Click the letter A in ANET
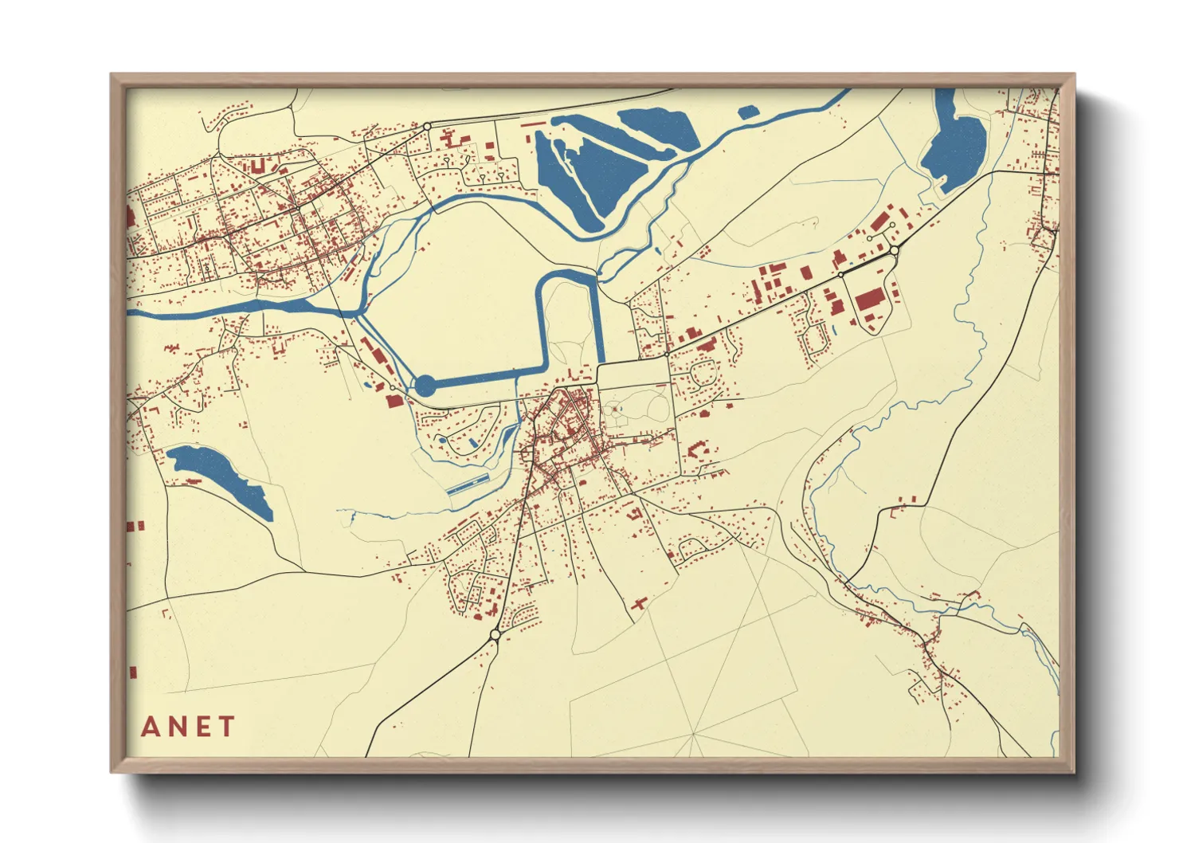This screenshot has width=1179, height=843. [x=151, y=727]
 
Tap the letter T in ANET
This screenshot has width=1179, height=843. [x=227, y=727]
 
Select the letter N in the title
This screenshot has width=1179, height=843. [x=177, y=727]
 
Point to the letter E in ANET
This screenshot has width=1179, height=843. [x=203, y=727]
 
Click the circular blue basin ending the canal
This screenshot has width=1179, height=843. [x=426, y=386]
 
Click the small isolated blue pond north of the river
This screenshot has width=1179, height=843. [x=748, y=112]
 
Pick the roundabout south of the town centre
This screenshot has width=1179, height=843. [x=495, y=635]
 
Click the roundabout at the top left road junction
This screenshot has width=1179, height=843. [x=427, y=126]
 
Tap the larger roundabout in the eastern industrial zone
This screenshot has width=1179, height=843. [x=894, y=250]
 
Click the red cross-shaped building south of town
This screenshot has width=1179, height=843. [x=639, y=605]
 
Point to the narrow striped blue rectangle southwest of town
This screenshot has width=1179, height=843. [x=468, y=484]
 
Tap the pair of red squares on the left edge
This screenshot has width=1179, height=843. [x=135, y=526]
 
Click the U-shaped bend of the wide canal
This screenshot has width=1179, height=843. [x=571, y=275]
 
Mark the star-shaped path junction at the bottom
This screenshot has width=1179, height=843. [x=693, y=734]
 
